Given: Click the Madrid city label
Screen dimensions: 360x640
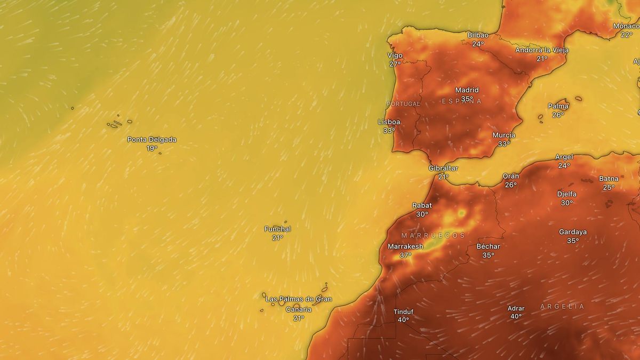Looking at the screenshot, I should (x=467, y=90).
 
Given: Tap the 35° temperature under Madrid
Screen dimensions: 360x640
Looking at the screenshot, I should (x=467, y=99).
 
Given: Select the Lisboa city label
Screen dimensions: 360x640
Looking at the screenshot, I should (x=389, y=122).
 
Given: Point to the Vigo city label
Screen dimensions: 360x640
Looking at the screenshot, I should (x=395, y=55).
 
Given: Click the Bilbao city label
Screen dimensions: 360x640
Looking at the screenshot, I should (x=478, y=35).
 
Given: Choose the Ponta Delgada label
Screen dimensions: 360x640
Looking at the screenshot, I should (x=151, y=140).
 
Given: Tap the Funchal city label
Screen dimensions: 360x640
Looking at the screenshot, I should (x=277, y=229).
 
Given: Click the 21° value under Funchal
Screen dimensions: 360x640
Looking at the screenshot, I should (x=277, y=238).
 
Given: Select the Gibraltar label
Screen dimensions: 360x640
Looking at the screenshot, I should (x=443, y=168).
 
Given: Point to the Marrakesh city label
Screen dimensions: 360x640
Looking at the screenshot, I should (x=405, y=246).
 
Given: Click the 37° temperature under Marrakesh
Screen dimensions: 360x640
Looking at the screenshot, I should (x=405, y=255).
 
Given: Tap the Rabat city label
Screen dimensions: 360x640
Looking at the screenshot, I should (x=422, y=205).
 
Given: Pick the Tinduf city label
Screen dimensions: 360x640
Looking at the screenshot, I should (x=403, y=311).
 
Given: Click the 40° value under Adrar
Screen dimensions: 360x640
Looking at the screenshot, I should (x=516, y=316).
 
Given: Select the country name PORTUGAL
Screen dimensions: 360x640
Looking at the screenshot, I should (x=403, y=104).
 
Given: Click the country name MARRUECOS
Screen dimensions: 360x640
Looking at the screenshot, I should (x=433, y=235).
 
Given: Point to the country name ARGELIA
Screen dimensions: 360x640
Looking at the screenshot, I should (x=562, y=307).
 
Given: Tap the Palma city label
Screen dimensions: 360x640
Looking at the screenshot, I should (x=558, y=106).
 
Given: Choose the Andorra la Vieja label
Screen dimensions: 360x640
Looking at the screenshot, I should (x=542, y=50).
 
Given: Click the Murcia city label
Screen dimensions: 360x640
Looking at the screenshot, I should (x=504, y=135).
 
